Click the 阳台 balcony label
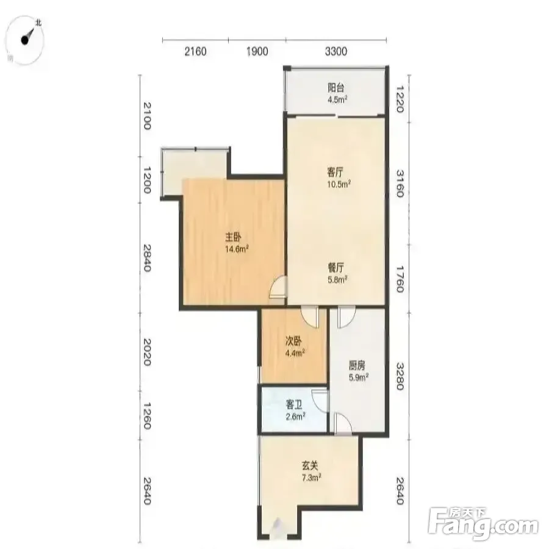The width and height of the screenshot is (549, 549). coord(335,87)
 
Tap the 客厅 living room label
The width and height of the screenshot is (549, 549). coord(335,172)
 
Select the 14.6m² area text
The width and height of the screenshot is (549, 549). coord(237,249)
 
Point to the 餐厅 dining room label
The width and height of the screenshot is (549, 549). coord(335,268)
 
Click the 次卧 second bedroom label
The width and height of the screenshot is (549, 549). coord(293,341)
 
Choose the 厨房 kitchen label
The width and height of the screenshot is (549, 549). coord(357,365)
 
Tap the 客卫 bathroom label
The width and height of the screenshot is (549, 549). coord(294,405)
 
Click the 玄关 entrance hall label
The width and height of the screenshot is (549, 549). coord(310,465)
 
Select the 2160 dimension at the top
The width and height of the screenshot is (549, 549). coord(195,51)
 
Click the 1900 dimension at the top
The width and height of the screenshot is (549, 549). coord(257,51)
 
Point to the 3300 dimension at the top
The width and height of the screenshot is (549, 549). coord(336,51)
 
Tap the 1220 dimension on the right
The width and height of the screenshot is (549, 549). coord(400,100)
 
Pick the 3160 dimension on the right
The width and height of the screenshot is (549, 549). coord(400,184)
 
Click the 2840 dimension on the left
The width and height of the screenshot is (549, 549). coord(146,257)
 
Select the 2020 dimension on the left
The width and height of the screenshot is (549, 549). coord(146,352)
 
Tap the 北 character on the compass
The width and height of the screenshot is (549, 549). coord(38,23)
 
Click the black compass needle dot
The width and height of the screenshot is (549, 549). coord(25,40)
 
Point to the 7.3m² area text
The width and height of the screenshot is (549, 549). coord(312,478)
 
